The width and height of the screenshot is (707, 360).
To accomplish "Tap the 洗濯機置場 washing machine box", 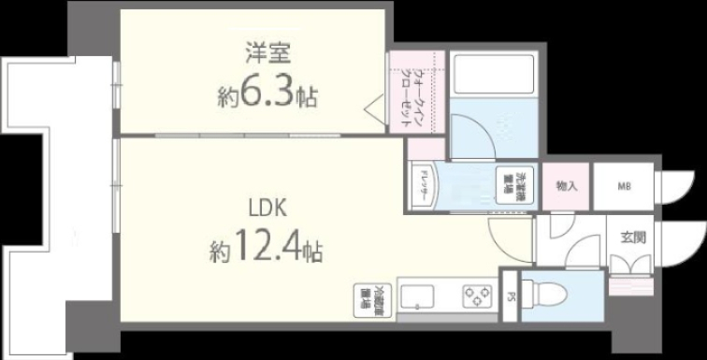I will click(x=512, y=186).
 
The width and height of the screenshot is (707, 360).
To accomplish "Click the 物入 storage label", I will click(x=567, y=186).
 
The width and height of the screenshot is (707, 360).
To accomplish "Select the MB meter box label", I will click(x=623, y=186).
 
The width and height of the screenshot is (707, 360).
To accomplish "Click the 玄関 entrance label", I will click(x=628, y=238).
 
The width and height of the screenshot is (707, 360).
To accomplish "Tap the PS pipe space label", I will click(x=510, y=299).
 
